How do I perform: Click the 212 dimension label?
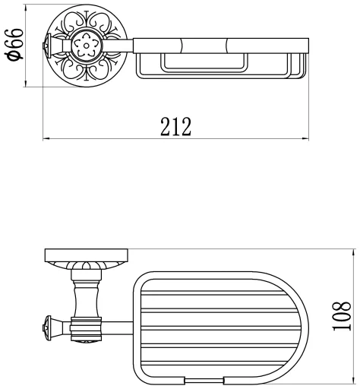(175, 127)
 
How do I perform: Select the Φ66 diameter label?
(15, 45)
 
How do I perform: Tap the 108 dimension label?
(342, 316)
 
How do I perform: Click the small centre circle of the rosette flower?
(87, 46)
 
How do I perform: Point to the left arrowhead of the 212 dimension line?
(46, 138)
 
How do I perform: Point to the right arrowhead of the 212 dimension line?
(305, 138)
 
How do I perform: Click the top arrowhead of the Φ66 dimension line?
(26, 8)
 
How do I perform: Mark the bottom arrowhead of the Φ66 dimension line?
(26, 84)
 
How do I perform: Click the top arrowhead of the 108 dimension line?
(353, 252)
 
